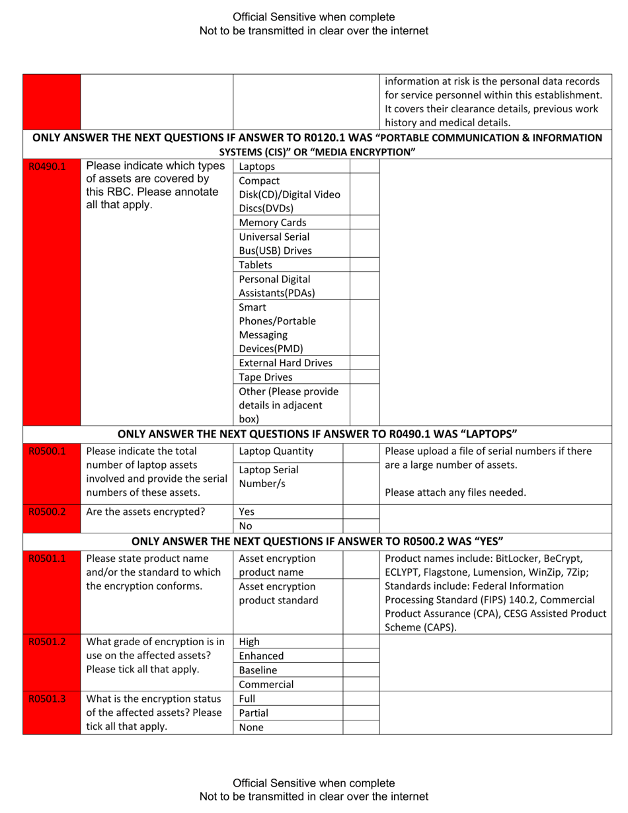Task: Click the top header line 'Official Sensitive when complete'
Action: [x=314, y=17]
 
